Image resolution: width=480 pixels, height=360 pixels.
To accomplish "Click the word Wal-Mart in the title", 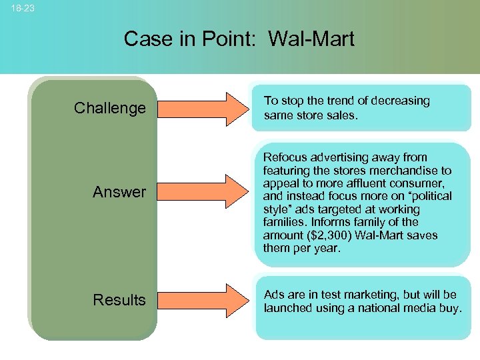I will [311, 39].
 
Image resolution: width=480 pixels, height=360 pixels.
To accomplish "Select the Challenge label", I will [109, 108].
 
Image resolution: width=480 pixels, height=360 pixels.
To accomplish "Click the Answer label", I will [119, 192].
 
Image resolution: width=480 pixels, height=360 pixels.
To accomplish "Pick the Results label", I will [119, 300].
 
